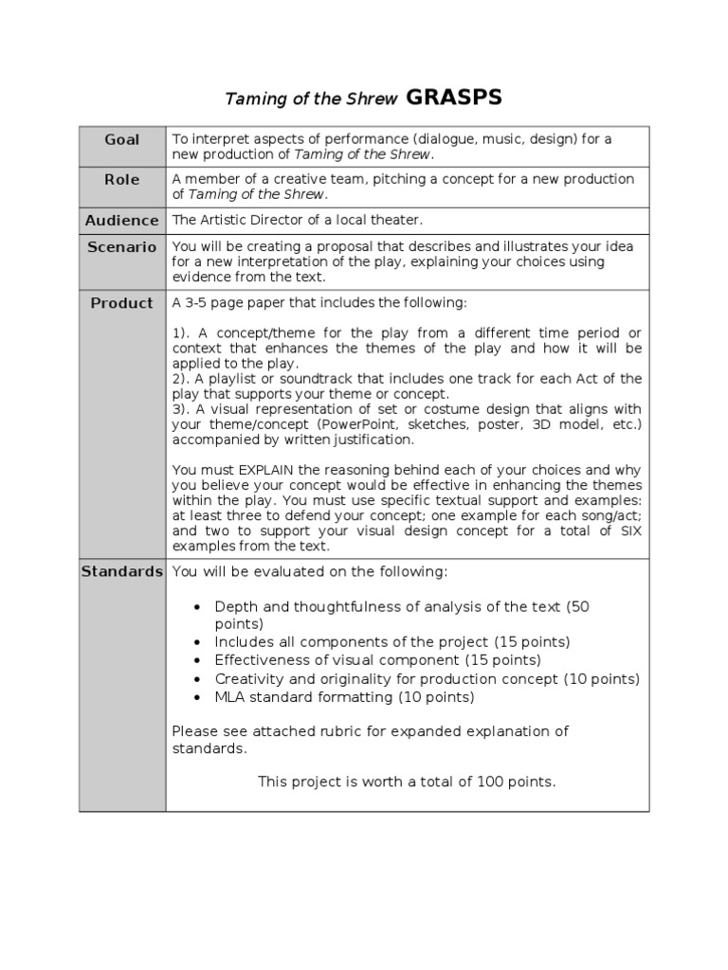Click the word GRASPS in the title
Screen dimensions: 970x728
point(454,98)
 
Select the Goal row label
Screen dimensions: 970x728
point(122,139)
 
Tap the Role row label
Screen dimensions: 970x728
point(122,179)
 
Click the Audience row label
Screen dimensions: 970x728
point(122,220)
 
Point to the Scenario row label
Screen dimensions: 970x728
point(122,246)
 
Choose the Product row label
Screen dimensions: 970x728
point(122,303)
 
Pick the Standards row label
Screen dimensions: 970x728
point(122,571)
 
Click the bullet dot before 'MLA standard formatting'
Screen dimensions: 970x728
point(196,697)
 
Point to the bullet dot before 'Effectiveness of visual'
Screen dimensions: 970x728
point(196,660)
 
